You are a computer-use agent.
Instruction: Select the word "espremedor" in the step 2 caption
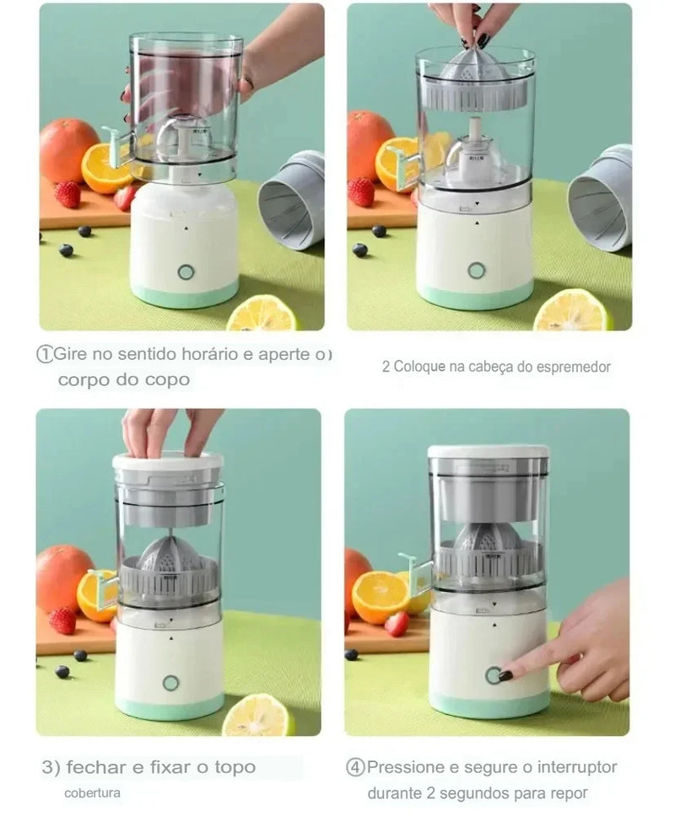pyautogui.click(x=571, y=367)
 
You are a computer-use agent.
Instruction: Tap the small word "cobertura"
pyautogui.click(x=92, y=793)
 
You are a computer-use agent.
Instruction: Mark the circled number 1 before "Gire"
pyautogui.click(x=45, y=354)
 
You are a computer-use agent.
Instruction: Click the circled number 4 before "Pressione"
pyautogui.click(x=355, y=767)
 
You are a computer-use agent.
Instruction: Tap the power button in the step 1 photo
pyautogui.click(x=186, y=272)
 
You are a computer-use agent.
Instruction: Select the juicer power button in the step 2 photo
pyautogui.click(x=477, y=271)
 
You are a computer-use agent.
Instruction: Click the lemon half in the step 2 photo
pyautogui.click(x=571, y=311)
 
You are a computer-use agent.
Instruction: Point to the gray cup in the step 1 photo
pyautogui.click(x=292, y=200)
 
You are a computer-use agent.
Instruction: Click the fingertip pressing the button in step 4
pyautogui.click(x=505, y=675)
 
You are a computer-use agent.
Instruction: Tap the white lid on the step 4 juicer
pyautogui.click(x=488, y=452)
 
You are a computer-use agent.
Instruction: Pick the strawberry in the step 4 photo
pyautogui.click(x=397, y=623)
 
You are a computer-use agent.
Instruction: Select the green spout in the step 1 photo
pyautogui.click(x=116, y=145)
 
